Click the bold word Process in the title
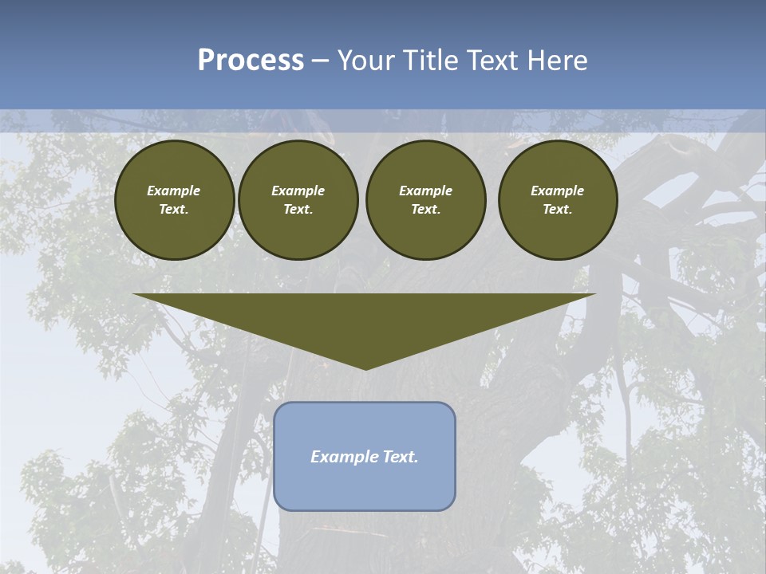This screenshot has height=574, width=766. tap(251, 61)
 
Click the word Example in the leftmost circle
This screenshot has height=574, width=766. tap(174, 191)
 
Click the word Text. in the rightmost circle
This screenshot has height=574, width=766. tap(558, 210)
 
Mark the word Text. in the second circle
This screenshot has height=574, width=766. tap(298, 210)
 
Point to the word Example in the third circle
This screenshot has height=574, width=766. tap(425, 191)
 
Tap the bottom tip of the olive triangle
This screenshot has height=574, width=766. tap(365, 368)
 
